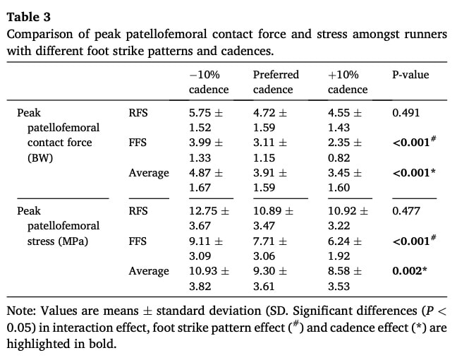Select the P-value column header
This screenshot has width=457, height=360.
click(410, 75)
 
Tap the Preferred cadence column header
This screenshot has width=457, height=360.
click(276, 82)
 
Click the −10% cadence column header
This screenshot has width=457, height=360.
click(209, 82)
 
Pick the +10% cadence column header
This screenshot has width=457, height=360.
click(347, 82)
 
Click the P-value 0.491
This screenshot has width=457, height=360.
click(406, 112)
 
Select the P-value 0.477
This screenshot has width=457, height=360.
click(406, 210)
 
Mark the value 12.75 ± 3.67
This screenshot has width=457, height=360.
click(209, 217)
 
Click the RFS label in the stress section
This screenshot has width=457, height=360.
click(138, 210)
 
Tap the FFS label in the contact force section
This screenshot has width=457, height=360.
click(138, 143)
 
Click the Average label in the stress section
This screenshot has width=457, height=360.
click(149, 271)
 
